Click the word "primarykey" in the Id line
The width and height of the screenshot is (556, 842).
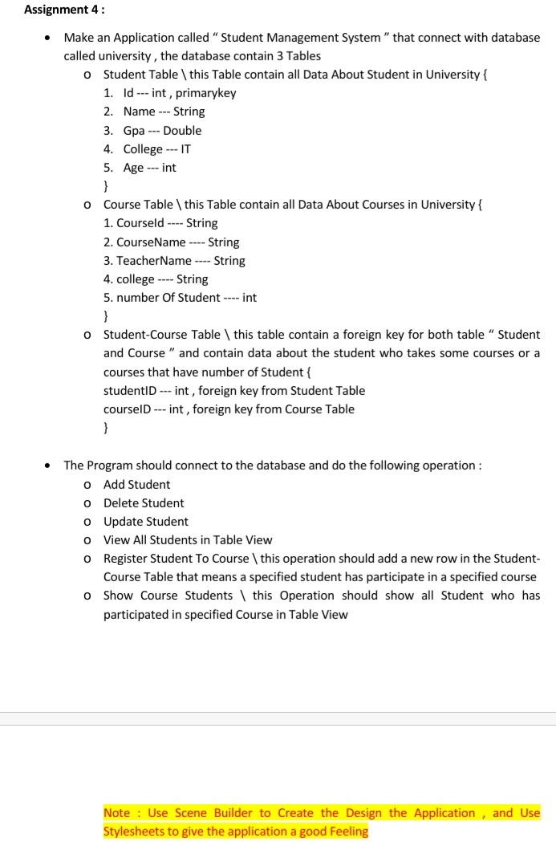pyautogui.click(x=206, y=93)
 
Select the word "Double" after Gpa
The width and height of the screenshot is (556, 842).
pyautogui.click(x=182, y=130)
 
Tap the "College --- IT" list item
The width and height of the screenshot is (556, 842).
pyautogui.click(x=157, y=149)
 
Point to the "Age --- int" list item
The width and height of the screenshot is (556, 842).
pyautogui.click(x=149, y=168)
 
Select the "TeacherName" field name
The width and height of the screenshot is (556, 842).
pyautogui.click(x=154, y=261)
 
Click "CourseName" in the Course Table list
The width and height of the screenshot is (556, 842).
pyautogui.click(x=150, y=242)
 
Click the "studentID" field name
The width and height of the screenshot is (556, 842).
pyautogui.click(x=129, y=391)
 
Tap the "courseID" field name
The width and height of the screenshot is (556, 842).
pyautogui.click(x=126, y=409)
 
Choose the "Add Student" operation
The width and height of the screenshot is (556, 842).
pyautogui.click(x=136, y=485)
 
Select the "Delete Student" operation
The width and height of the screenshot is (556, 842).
pyautogui.click(x=144, y=503)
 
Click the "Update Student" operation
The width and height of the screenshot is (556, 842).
pyautogui.click(x=145, y=522)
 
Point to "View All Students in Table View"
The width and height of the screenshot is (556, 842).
pyautogui.click(x=188, y=540)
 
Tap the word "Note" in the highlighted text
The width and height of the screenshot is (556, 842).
pyautogui.click(x=117, y=813)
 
